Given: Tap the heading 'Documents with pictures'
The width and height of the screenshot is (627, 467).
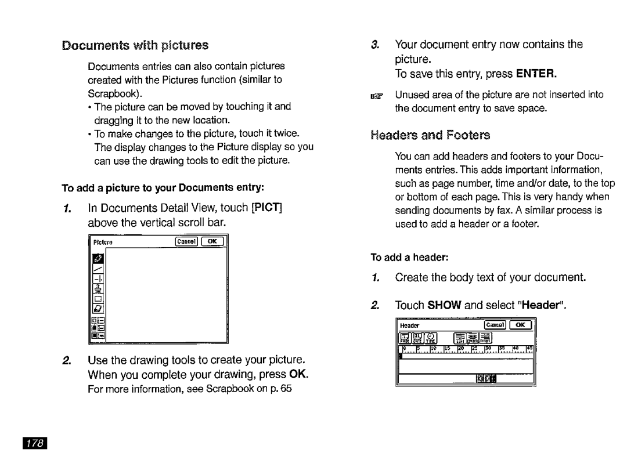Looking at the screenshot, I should click(x=135, y=45).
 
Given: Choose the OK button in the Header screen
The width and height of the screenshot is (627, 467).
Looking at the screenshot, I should click(x=521, y=325).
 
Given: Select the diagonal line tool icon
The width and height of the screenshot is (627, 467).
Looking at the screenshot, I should click(x=98, y=269).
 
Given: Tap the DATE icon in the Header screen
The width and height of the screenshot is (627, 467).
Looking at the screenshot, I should click(x=417, y=338).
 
